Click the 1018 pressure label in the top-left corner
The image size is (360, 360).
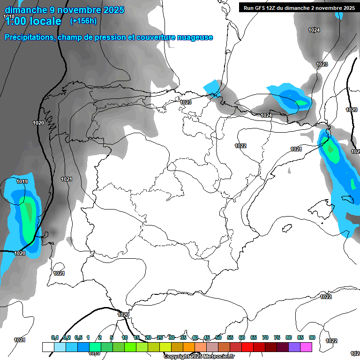coord(8,16)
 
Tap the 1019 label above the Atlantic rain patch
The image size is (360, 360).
coord(22,181)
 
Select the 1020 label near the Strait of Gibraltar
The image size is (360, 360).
coord(123,315)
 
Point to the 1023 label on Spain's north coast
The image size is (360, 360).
coord(186,102)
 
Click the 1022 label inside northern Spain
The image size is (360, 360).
coord(240,146)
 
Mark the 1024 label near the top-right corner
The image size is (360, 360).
coord(314,30)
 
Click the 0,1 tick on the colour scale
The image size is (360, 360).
coord(55,338)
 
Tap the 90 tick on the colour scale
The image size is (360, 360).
coord(312,338)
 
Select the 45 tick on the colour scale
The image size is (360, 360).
coord(207,338)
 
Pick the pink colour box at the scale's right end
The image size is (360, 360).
coord(306,347)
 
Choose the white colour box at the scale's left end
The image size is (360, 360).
coord(48,347)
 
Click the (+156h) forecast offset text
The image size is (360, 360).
coord(83,21)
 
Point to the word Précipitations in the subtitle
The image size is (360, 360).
coord(29,37)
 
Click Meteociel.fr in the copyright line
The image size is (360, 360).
coord(219,356)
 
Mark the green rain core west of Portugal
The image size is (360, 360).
coord(30,211)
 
